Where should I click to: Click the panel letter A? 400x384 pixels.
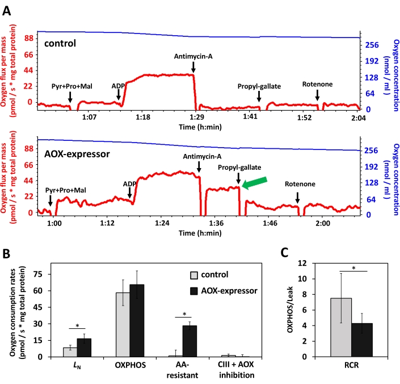pyautogui.click(x=7, y=11)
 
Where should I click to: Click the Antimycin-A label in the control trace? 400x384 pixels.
pyautogui.click(x=193, y=56)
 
